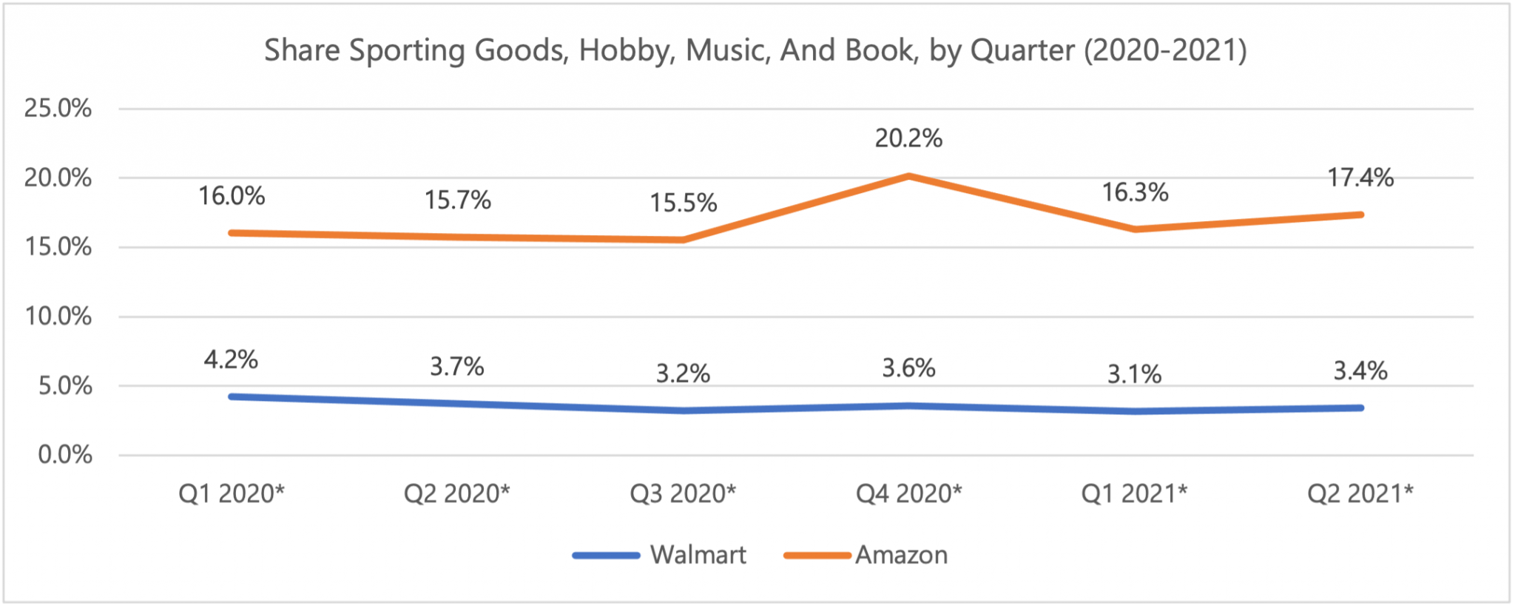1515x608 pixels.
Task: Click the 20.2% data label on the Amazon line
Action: (908, 138)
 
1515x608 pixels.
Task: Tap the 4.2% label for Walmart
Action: (231, 360)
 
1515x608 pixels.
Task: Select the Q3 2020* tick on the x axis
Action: (682, 493)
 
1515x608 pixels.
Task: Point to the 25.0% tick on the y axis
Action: (58, 109)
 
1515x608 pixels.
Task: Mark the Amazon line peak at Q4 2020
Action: (908, 176)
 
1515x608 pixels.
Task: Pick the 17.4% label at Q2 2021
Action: (1360, 178)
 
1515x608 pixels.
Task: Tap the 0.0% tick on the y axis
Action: (65, 455)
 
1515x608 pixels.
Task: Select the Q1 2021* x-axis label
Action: (1134, 493)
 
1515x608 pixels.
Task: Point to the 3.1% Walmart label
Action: (1134, 374)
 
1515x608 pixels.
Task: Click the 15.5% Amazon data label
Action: (683, 203)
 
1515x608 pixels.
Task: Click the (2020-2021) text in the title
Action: (1165, 50)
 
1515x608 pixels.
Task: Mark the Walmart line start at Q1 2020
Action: (232, 397)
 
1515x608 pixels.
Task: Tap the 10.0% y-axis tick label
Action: (58, 317)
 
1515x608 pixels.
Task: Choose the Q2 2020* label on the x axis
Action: (456, 493)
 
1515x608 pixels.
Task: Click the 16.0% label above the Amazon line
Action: (231, 196)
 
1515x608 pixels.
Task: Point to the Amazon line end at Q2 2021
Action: (1360, 215)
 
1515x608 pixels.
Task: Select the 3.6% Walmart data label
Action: (908, 368)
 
